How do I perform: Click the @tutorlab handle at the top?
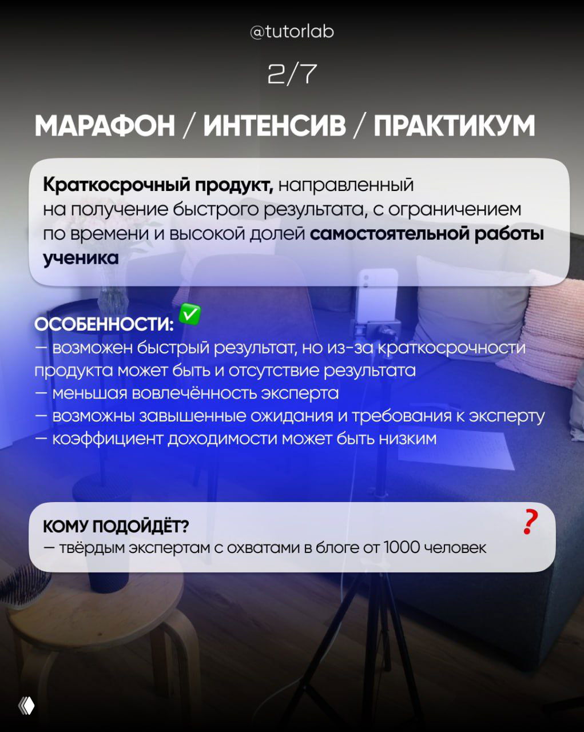tap(292, 31)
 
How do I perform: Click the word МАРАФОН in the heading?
tap(105, 126)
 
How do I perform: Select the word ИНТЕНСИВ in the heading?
tap(275, 126)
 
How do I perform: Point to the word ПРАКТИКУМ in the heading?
tap(454, 126)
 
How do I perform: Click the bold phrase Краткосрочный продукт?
tap(157, 185)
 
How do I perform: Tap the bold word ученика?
tap(81, 258)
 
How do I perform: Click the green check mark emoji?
tap(190, 315)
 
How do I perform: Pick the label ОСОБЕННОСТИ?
tap(104, 325)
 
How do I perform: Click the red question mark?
tap(530, 522)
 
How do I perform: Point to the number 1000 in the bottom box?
tap(402, 548)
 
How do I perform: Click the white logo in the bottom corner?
tap(26, 706)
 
